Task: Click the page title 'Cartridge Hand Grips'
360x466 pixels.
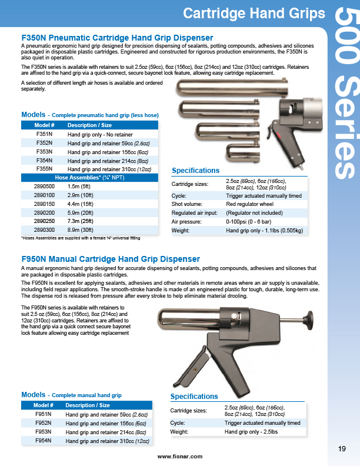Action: pyautogui.click(x=254, y=13)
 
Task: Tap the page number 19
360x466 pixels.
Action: pyautogui.click(x=342, y=450)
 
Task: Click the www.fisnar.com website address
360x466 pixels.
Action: pyautogui.click(x=180, y=456)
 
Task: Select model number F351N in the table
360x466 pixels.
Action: pyautogui.click(x=45, y=134)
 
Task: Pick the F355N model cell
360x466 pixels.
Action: pyautogui.click(x=45, y=168)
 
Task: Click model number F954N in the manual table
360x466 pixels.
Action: pyautogui.click(x=44, y=440)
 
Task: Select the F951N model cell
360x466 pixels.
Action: pyautogui.click(x=44, y=414)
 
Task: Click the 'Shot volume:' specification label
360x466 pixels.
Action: pyautogui.click(x=185, y=204)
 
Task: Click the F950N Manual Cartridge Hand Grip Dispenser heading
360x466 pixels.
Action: pyautogui.click(x=111, y=259)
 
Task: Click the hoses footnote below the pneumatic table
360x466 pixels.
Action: pyautogui.click(x=80, y=238)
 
